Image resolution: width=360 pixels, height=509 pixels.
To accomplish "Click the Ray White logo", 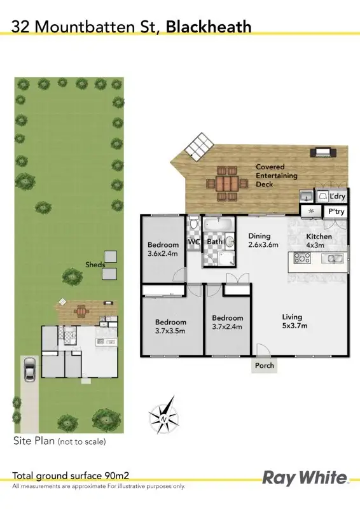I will click(305, 478).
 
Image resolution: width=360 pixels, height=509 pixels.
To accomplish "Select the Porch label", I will click(265, 366).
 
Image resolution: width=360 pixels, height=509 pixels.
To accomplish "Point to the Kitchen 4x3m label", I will click(319, 241).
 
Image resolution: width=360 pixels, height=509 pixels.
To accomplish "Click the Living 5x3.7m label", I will click(293, 321).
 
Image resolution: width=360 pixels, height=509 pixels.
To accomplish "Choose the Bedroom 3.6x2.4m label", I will click(163, 249).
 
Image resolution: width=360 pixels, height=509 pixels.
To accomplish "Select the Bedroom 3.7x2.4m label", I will click(228, 323).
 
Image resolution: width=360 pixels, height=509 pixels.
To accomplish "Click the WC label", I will click(194, 242).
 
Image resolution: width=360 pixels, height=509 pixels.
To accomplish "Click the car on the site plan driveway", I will click(29, 368).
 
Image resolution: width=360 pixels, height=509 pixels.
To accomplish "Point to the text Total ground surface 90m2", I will click(75, 475).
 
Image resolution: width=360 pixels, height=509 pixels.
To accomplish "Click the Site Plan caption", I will click(59, 441).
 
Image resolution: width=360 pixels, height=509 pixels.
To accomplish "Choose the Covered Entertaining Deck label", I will click(274, 176).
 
